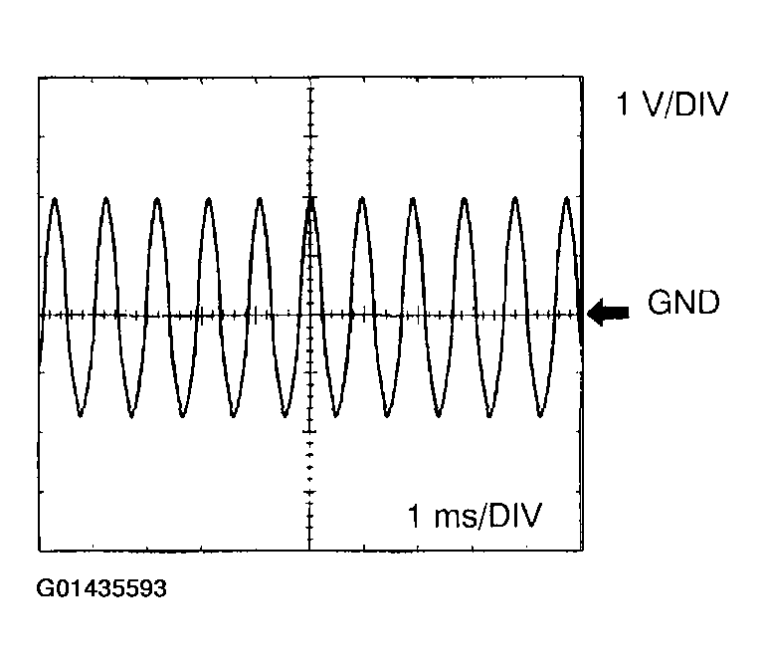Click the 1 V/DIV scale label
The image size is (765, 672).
(x=672, y=104)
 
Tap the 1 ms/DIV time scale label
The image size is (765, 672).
(x=475, y=516)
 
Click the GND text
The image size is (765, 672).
(x=683, y=303)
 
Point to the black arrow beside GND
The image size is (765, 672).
(x=608, y=312)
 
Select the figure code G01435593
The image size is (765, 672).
(x=101, y=588)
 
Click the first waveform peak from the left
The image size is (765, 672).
(x=55, y=199)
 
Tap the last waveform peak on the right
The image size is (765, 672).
(x=566, y=198)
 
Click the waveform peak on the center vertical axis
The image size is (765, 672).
(x=310, y=199)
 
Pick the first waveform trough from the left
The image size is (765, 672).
(x=81, y=415)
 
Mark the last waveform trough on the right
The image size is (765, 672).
(x=540, y=415)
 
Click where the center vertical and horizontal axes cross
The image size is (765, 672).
(x=309, y=316)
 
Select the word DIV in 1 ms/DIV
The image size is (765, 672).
(x=515, y=515)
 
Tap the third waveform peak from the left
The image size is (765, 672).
(x=157, y=199)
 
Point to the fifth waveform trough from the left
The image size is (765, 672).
(x=285, y=415)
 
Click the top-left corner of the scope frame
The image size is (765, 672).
(x=39, y=78)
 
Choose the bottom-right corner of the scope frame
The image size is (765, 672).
(x=583, y=551)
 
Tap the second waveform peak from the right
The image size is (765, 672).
(x=515, y=199)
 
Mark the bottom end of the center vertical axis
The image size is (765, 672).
(x=309, y=551)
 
